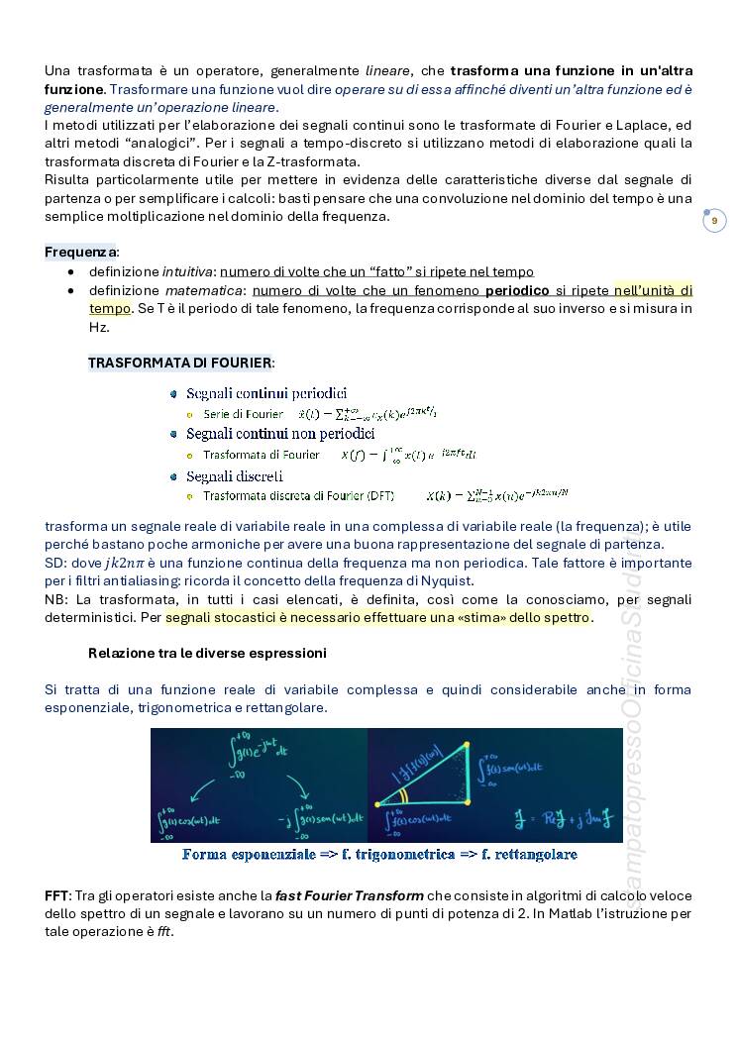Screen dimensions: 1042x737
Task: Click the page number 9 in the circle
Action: click(x=714, y=221)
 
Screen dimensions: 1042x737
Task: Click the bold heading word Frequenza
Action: click(x=79, y=252)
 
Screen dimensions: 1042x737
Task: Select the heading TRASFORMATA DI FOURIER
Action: click(x=179, y=363)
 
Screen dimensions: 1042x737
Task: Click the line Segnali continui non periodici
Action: click(x=280, y=434)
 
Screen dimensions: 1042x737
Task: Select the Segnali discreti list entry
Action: click(x=235, y=475)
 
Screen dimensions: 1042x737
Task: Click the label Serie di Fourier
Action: click(x=244, y=413)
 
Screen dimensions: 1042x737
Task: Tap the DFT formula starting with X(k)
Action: click(x=497, y=494)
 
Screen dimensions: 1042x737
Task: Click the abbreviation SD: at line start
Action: click(x=56, y=562)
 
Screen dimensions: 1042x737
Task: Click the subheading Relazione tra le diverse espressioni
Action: click(x=207, y=654)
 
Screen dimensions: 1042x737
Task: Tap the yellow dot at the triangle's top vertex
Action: click(x=467, y=742)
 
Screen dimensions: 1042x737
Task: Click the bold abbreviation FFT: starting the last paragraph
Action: click(x=57, y=895)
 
